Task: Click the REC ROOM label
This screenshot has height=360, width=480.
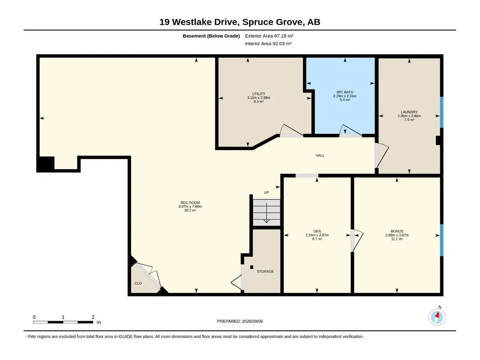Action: (x=190, y=203)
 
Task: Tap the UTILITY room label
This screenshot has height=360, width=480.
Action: (x=258, y=94)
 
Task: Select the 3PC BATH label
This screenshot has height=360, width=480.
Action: (x=345, y=92)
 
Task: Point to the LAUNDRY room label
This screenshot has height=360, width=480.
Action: (x=409, y=112)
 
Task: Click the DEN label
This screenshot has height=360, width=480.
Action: (x=317, y=231)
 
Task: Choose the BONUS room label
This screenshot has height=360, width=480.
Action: (x=397, y=231)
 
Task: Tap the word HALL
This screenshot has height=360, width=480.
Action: (x=320, y=155)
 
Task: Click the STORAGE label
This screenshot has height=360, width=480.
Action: (x=265, y=272)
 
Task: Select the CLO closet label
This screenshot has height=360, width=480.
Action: (x=138, y=284)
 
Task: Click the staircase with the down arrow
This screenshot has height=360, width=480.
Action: (x=266, y=213)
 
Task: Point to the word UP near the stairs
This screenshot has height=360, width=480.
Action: (x=266, y=192)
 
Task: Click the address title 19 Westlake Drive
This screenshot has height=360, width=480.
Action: (x=199, y=22)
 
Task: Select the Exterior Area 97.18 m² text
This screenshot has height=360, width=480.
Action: (x=269, y=36)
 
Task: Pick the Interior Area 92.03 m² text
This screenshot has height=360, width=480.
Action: (x=268, y=44)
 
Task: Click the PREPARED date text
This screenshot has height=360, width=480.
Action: (x=240, y=321)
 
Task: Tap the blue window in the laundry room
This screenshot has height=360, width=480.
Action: (x=442, y=112)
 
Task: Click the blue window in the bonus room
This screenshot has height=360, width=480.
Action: (x=442, y=240)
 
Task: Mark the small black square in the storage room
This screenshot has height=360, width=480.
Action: (x=251, y=267)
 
